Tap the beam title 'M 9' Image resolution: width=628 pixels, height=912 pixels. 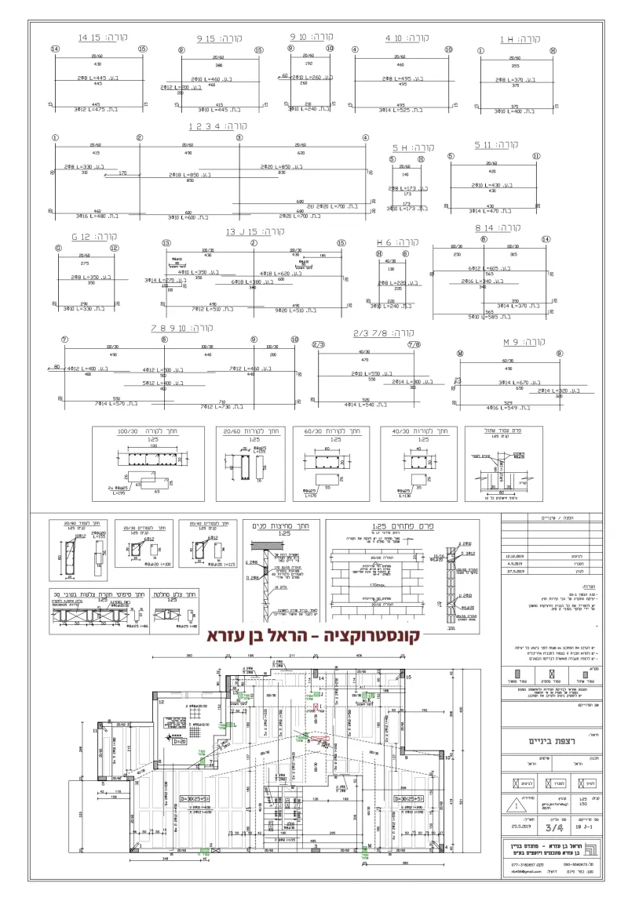(x=513, y=343)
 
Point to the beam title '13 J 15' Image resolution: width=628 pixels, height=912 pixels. (x=243, y=232)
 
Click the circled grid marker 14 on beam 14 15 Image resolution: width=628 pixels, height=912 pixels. (x=55, y=49)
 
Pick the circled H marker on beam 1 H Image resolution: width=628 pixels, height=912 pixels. (x=553, y=50)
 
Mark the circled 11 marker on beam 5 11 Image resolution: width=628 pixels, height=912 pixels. (x=536, y=155)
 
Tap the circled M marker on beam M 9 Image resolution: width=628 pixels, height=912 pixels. (x=460, y=353)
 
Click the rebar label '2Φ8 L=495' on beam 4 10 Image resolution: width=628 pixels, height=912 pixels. (x=400, y=79)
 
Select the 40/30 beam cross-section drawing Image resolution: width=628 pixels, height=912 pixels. (x=420, y=462)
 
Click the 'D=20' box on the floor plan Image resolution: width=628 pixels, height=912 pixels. (x=178, y=739)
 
